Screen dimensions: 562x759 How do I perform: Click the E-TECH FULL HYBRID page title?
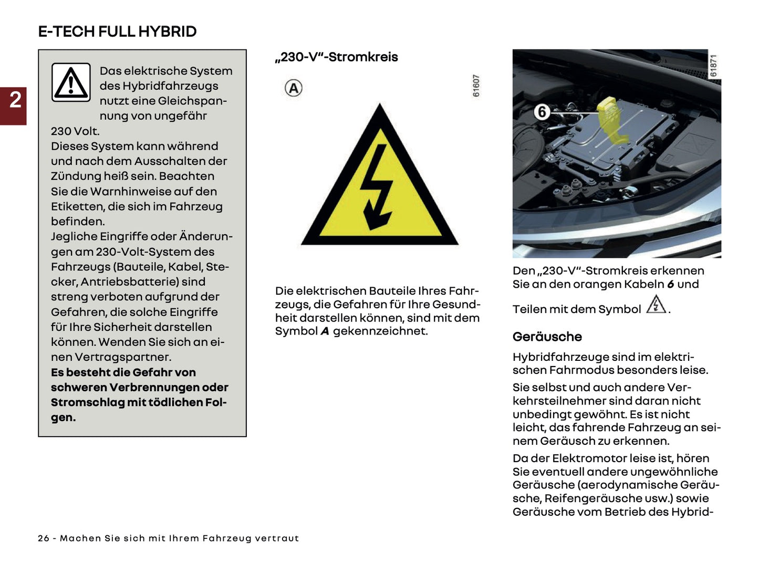click(x=117, y=32)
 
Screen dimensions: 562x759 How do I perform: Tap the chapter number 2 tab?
click(x=14, y=100)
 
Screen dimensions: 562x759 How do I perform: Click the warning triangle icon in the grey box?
click(x=71, y=82)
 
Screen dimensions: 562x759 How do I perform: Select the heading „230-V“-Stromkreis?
click(x=336, y=57)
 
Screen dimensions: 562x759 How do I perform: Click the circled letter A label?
click(x=294, y=88)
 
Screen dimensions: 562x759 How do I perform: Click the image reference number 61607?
click(x=476, y=85)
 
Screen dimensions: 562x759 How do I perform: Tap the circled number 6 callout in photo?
click(x=542, y=111)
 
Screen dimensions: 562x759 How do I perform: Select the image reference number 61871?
click(x=713, y=66)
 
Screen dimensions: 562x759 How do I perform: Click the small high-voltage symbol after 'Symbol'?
click(x=656, y=305)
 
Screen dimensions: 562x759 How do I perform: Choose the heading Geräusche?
click(x=547, y=337)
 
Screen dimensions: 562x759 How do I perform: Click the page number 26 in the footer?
click(x=44, y=538)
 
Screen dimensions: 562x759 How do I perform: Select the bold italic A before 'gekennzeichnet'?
click(x=325, y=331)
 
